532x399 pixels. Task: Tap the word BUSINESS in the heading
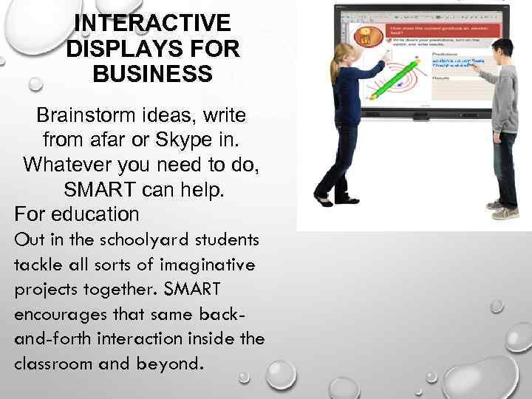tap(153, 75)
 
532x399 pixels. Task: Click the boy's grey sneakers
tap(506, 212)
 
